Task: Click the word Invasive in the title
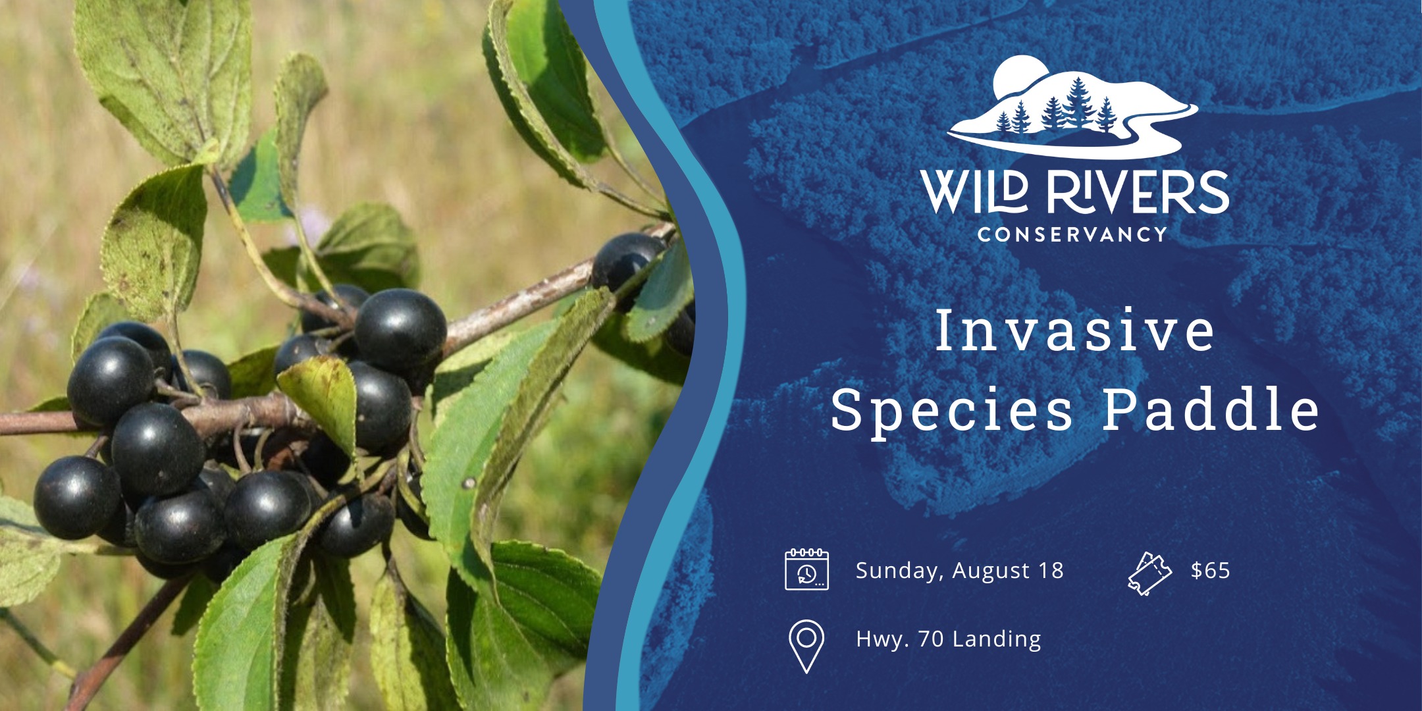coord(1074,330)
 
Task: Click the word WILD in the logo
coord(974,192)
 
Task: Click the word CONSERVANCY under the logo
coord(1072,234)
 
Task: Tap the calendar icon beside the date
coord(806,569)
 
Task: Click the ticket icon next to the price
coord(1149,573)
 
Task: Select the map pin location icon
coord(806,645)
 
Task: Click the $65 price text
coord(1210,570)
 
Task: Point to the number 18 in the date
coord(1051,570)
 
